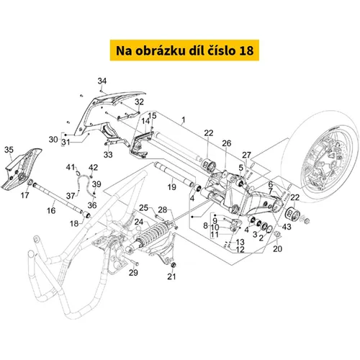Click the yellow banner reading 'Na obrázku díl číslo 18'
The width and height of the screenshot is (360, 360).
click(x=184, y=50)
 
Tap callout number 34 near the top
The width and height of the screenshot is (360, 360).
click(x=102, y=81)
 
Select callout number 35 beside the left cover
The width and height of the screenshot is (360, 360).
click(x=9, y=150)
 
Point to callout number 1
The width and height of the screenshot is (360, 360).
click(x=184, y=120)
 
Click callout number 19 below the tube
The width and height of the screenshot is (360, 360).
click(x=172, y=187)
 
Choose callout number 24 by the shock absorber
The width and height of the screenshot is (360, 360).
click(x=139, y=222)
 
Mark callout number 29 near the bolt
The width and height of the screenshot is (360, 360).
click(x=133, y=272)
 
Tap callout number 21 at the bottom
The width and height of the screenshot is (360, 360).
click(x=171, y=276)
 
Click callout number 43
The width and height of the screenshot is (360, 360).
click(x=287, y=227)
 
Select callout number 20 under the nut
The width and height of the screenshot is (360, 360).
click(x=277, y=248)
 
